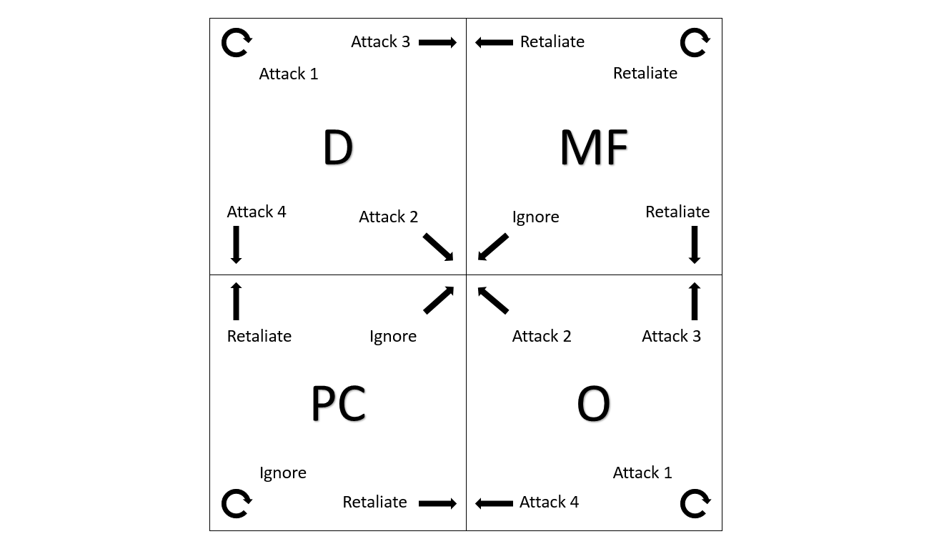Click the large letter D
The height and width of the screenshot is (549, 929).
[338, 148]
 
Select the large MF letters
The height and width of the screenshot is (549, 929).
[594, 148]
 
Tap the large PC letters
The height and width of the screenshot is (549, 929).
[338, 403]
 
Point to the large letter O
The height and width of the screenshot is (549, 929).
[593, 404]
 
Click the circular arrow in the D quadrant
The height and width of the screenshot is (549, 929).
[236, 43]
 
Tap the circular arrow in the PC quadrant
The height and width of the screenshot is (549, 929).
[236, 503]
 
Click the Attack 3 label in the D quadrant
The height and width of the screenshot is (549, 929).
[380, 42]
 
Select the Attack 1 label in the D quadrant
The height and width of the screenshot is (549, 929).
[288, 74]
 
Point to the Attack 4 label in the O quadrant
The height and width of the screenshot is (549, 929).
[549, 503]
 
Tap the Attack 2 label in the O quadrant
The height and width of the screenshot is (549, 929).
[542, 336]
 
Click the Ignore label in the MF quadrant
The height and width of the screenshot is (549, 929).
[535, 217]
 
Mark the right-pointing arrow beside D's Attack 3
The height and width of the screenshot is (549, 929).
[437, 43]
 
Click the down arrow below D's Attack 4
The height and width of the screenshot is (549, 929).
[236, 245]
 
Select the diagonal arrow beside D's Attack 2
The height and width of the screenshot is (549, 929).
[438, 247]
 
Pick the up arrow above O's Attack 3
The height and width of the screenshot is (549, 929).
[694, 301]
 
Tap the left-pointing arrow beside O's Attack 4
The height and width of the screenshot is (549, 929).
[494, 503]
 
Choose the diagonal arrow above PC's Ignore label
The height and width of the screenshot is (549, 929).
[439, 300]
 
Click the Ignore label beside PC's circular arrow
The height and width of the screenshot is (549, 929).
[283, 473]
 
